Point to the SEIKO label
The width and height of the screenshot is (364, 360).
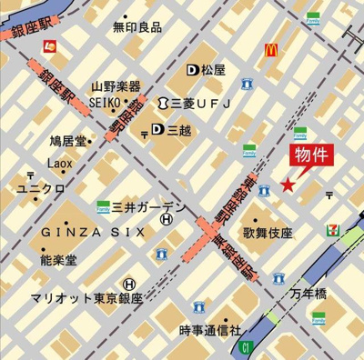tap(106, 104)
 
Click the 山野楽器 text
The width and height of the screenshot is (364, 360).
tap(116, 86)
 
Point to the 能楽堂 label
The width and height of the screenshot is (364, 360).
tap(59, 260)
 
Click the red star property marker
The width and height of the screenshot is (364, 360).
tap(288, 185)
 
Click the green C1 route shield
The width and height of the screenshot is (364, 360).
tap(244, 346)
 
